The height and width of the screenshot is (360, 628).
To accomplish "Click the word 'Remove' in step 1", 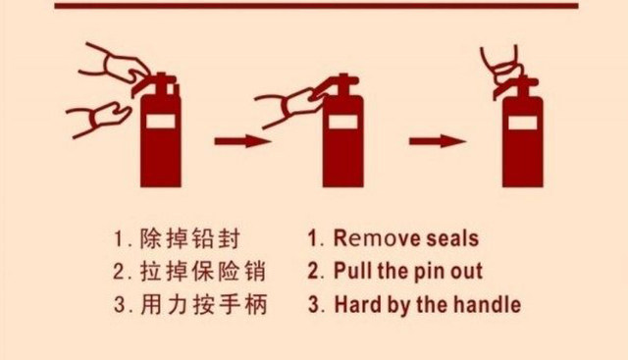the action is [x=377, y=237].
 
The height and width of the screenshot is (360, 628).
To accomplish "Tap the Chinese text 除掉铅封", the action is [x=189, y=238].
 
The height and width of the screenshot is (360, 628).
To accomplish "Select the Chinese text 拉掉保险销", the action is [x=202, y=271].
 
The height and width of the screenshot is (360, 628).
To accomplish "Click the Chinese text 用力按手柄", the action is [x=203, y=305].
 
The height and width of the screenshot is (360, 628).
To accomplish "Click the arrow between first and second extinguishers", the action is [x=242, y=141].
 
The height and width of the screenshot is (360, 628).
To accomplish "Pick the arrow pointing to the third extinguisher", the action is [x=438, y=141].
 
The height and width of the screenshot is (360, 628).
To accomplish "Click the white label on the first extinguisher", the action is [x=161, y=122].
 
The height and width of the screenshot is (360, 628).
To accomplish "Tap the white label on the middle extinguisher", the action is [x=342, y=122].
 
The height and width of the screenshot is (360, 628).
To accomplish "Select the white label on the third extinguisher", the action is [x=523, y=123].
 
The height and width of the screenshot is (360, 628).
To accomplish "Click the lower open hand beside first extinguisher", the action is [x=100, y=118].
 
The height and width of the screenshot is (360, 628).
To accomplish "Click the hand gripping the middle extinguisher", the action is [x=294, y=102].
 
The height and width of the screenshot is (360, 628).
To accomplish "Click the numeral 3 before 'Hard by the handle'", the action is [x=314, y=305].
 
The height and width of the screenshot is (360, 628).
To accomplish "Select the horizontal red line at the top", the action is [x=316, y=6].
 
